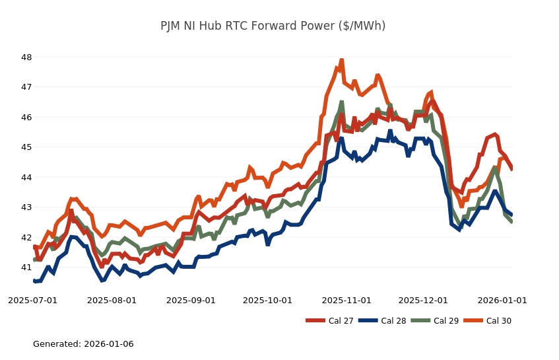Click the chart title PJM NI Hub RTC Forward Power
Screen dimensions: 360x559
click(x=273, y=26)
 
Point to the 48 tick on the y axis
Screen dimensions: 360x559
click(x=26, y=57)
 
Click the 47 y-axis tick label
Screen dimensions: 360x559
click(x=26, y=87)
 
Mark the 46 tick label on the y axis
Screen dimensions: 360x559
click(x=26, y=118)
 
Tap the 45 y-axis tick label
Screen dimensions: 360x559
click(x=26, y=147)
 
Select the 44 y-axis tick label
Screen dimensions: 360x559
click(x=26, y=178)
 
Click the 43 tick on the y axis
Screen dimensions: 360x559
click(x=26, y=207)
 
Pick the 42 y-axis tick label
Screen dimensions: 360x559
click(x=26, y=238)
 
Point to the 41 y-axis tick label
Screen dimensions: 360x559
click(x=26, y=268)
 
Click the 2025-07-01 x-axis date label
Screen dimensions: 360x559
click(x=32, y=301)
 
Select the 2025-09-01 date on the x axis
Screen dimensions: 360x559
click(x=191, y=301)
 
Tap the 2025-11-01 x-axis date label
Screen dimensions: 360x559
click(x=346, y=301)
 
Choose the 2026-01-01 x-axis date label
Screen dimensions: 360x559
click(x=502, y=301)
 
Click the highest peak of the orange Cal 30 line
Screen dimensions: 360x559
click(x=341, y=60)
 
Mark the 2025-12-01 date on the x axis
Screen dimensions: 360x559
click(x=424, y=301)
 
